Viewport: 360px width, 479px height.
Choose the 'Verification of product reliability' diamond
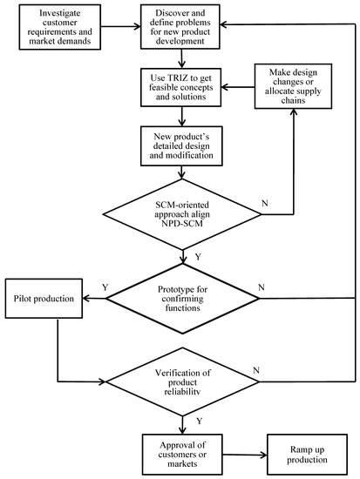184,380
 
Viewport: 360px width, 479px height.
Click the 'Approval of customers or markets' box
184,453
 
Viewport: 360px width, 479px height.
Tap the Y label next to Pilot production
105,286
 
